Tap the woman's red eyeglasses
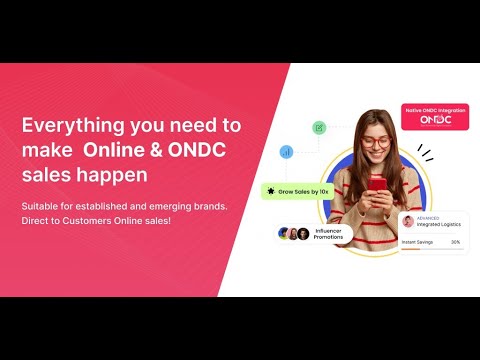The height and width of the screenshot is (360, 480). pos(376,142)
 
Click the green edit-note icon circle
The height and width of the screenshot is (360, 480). pos(319,127)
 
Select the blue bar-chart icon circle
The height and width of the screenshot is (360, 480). pos(287,152)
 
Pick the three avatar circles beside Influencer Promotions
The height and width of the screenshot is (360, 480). pos(293,233)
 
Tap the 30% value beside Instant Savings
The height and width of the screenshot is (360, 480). pos(456,241)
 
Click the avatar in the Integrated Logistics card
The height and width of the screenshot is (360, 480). pos(408,222)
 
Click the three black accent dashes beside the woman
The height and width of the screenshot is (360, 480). pos(424,153)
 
